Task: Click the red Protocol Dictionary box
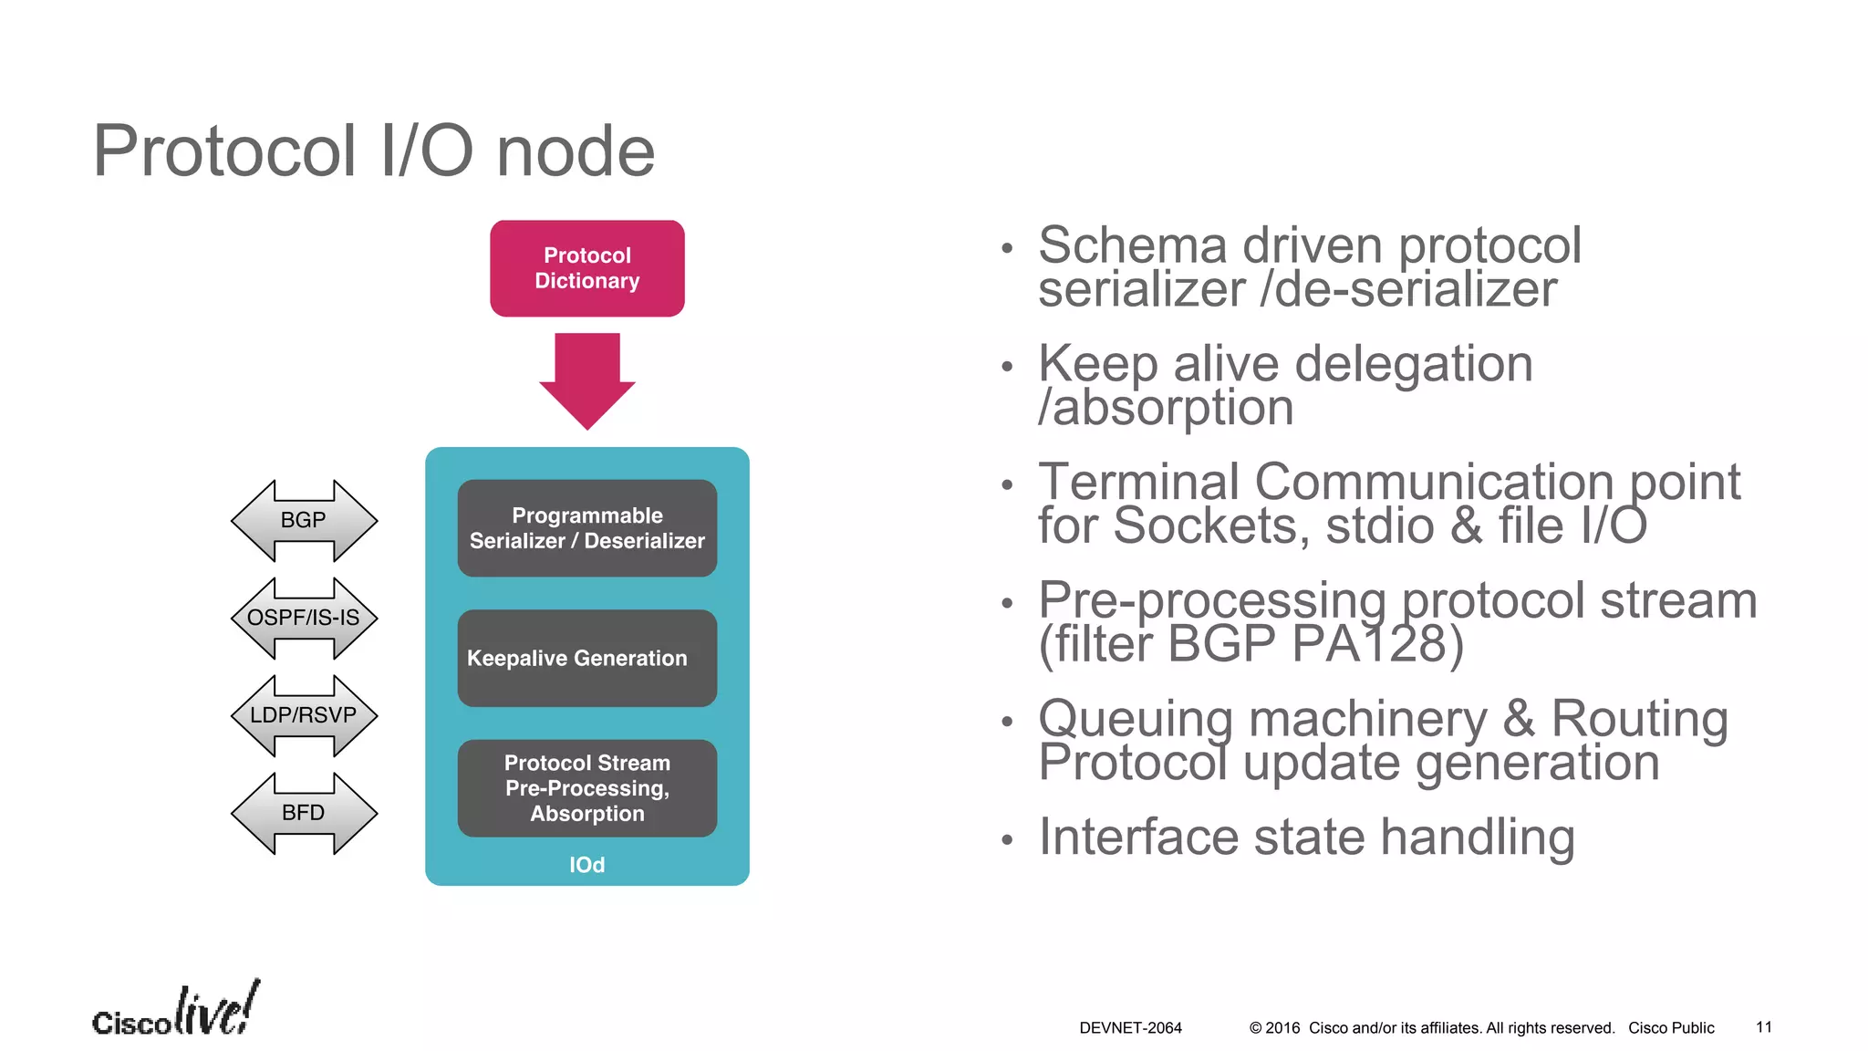click(586, 268)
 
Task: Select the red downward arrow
click(586, 379)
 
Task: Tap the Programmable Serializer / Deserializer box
click(586, 528)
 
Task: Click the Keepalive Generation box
click(586, 658)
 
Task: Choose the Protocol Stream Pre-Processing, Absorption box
click(586, 788)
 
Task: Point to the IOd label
click(586, 864)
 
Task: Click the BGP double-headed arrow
click(304, 520)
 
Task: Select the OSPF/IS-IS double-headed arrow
click(304, 618)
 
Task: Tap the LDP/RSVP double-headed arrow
click(304, 715)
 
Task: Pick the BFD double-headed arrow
click(304, 813)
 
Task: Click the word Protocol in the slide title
click(224, 151)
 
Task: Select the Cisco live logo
click(175, 1011)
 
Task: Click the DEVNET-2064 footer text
click(1130, 1027)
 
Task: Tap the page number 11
click(1763, 1027)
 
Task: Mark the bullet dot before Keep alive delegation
click(1007, 367)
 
